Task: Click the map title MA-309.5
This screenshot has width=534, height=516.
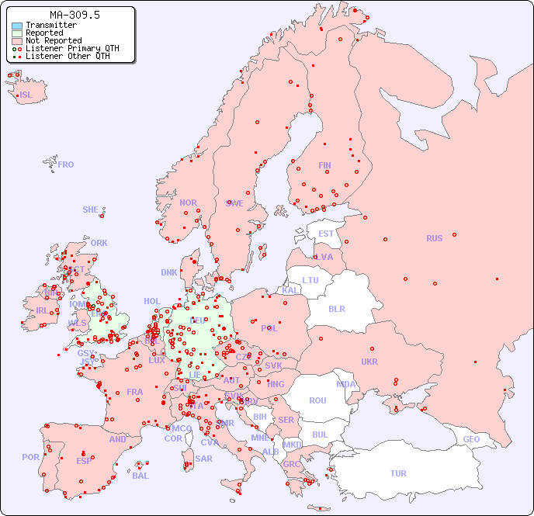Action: click(75, 15)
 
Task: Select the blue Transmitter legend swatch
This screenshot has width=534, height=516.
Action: click(17, 26)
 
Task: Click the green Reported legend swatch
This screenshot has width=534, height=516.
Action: click(17, 33)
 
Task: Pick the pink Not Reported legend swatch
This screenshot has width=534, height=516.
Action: click(17, 41)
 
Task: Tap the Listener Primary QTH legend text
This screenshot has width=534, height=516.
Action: click(72, 48)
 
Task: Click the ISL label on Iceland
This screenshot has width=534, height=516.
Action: click(26, 95)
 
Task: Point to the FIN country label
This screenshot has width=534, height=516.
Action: click(324, 165)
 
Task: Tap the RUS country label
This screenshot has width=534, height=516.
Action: click(434, 238)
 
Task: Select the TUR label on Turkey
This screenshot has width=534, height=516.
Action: click(398, 473)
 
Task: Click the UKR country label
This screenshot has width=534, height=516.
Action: click(369, 362)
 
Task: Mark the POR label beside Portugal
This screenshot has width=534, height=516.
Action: click(30, 457)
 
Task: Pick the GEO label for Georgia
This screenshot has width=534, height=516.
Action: click(471, 439)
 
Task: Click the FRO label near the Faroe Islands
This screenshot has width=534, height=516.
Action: click(66, 164)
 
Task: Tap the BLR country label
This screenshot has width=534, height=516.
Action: click(337, 308)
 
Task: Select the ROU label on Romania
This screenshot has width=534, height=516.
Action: click(317, 400)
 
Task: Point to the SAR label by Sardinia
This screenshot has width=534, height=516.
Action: click(203, 459)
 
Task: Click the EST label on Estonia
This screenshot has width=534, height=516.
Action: click(326, 234)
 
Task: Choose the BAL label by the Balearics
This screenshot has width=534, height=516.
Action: click(140, 476)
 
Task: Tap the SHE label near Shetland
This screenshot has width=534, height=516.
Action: click(91, 210)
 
